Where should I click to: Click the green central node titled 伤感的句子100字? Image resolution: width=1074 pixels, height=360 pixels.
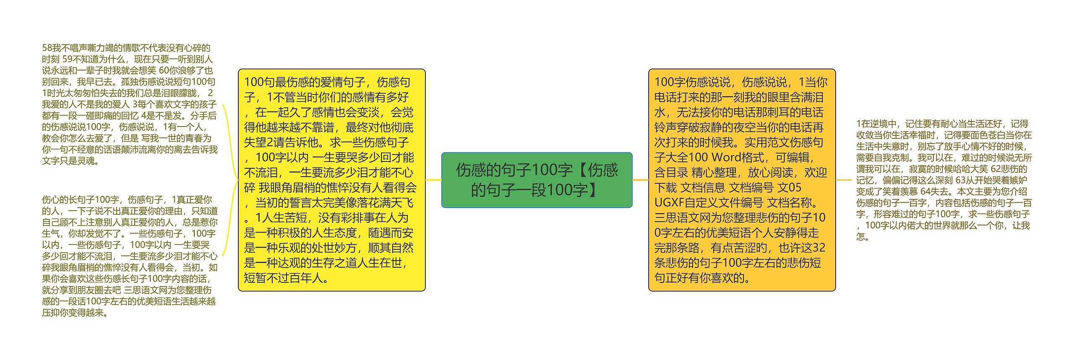[537, 180]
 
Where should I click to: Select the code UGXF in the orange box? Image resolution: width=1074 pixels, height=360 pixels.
[669, 203]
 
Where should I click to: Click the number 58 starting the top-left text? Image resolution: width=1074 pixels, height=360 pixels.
[47, 48]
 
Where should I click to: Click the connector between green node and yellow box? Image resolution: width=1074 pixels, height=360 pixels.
[433, 180]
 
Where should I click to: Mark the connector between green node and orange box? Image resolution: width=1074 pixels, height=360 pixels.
[640, 180]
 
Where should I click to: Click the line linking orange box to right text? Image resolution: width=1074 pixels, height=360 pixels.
[844, 180]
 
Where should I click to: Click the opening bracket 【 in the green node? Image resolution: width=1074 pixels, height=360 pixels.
[583, 170]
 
